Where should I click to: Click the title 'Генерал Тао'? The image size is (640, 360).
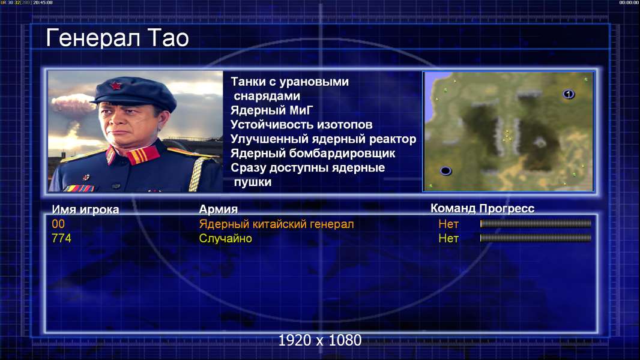tap(117, 38)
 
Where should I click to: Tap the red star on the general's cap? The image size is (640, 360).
tap(115, 86)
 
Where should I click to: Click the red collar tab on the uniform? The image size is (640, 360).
tap(142, 155)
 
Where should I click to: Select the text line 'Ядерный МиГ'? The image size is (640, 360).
tap(272, 110)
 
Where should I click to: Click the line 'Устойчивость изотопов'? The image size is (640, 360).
tap(301, 125)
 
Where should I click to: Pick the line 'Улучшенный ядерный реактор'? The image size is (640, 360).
tap(323, 139)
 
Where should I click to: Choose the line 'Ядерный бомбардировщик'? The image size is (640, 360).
tap(313, 153)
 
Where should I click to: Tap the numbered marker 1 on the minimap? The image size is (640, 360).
tap(569, 94)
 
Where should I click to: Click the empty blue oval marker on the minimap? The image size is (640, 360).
tap(445, 171)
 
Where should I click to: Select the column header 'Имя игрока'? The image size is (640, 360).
tap(85, 209)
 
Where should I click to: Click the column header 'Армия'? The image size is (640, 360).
tap(219, 209)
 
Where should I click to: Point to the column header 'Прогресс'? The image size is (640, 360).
tap(507, 209)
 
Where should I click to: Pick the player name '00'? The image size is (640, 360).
tap(58, 224)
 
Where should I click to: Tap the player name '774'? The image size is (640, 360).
tap(61, 238)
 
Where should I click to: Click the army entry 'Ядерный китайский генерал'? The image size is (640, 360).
tap(276, 224)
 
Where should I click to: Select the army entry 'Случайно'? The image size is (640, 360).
tap(225, 239)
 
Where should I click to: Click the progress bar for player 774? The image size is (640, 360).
tap(536, 238)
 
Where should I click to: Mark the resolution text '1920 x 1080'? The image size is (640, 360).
tap(320, 340)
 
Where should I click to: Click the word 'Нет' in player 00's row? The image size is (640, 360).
tap(448, 224)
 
